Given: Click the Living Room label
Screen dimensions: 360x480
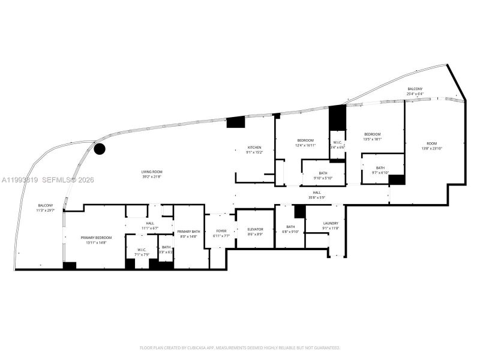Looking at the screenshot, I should point(135,175).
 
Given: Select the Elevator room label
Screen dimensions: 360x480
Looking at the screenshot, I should point(255,232).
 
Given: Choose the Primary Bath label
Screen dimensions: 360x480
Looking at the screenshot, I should point(188,233).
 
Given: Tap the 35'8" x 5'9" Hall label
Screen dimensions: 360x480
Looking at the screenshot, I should point(316,194).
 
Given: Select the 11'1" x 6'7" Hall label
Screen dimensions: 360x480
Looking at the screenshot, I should point(150,226).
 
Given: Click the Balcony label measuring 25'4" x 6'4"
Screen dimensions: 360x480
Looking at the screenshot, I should point(415,91).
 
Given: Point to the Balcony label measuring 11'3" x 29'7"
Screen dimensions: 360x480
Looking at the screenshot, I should point(46,208).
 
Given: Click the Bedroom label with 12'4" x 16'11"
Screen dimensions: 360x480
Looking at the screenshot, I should point(305,143).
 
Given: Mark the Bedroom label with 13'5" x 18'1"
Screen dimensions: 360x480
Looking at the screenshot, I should point(373,136).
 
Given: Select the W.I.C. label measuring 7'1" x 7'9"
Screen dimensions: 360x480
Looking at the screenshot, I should point(142,252).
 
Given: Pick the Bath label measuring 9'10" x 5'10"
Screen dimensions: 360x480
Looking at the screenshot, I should point(323,176).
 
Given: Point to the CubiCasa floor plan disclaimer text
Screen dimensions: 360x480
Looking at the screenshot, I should point(240,347).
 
